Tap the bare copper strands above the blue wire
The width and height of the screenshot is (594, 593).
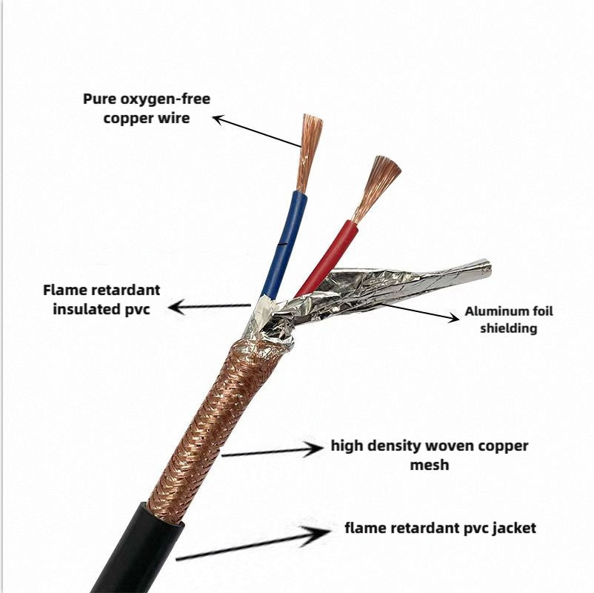(310, 148)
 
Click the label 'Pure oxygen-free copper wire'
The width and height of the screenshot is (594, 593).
(146, 108)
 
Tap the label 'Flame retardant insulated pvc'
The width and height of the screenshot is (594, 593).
(101, 299)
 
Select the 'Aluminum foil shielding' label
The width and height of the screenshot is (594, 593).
(508, 319)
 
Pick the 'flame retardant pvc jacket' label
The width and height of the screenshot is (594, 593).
(440, 528)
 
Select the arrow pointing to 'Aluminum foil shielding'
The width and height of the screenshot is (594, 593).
(418, 311)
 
